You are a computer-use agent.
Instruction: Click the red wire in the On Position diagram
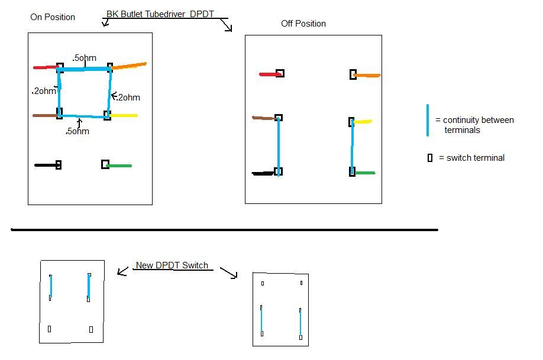coord(44,67)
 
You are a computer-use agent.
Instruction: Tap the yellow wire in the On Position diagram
coord(124,115)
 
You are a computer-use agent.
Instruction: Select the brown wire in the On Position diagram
coord(44,115)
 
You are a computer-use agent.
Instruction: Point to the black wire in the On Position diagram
coord(45,165)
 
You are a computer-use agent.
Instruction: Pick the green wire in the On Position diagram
coord(120,166)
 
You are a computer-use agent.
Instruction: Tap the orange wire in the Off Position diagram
coord(367,75)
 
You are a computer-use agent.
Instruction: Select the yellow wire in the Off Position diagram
coord(363,122)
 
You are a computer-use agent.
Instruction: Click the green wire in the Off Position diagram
coord(365,173)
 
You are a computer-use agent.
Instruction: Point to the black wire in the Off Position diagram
coord(263,173)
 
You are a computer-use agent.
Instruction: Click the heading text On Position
coord(53,17)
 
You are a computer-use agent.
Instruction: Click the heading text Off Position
coord(303,24)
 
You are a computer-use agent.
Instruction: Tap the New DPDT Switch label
coord(172,265)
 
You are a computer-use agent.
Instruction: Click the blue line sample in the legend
coord(427,121)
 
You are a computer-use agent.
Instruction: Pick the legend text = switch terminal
coord(471,158)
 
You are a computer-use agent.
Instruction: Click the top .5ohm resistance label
coord(85,58)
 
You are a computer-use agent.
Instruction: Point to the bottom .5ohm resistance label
coord(77,131)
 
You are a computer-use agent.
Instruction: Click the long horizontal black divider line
coord(225,229)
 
